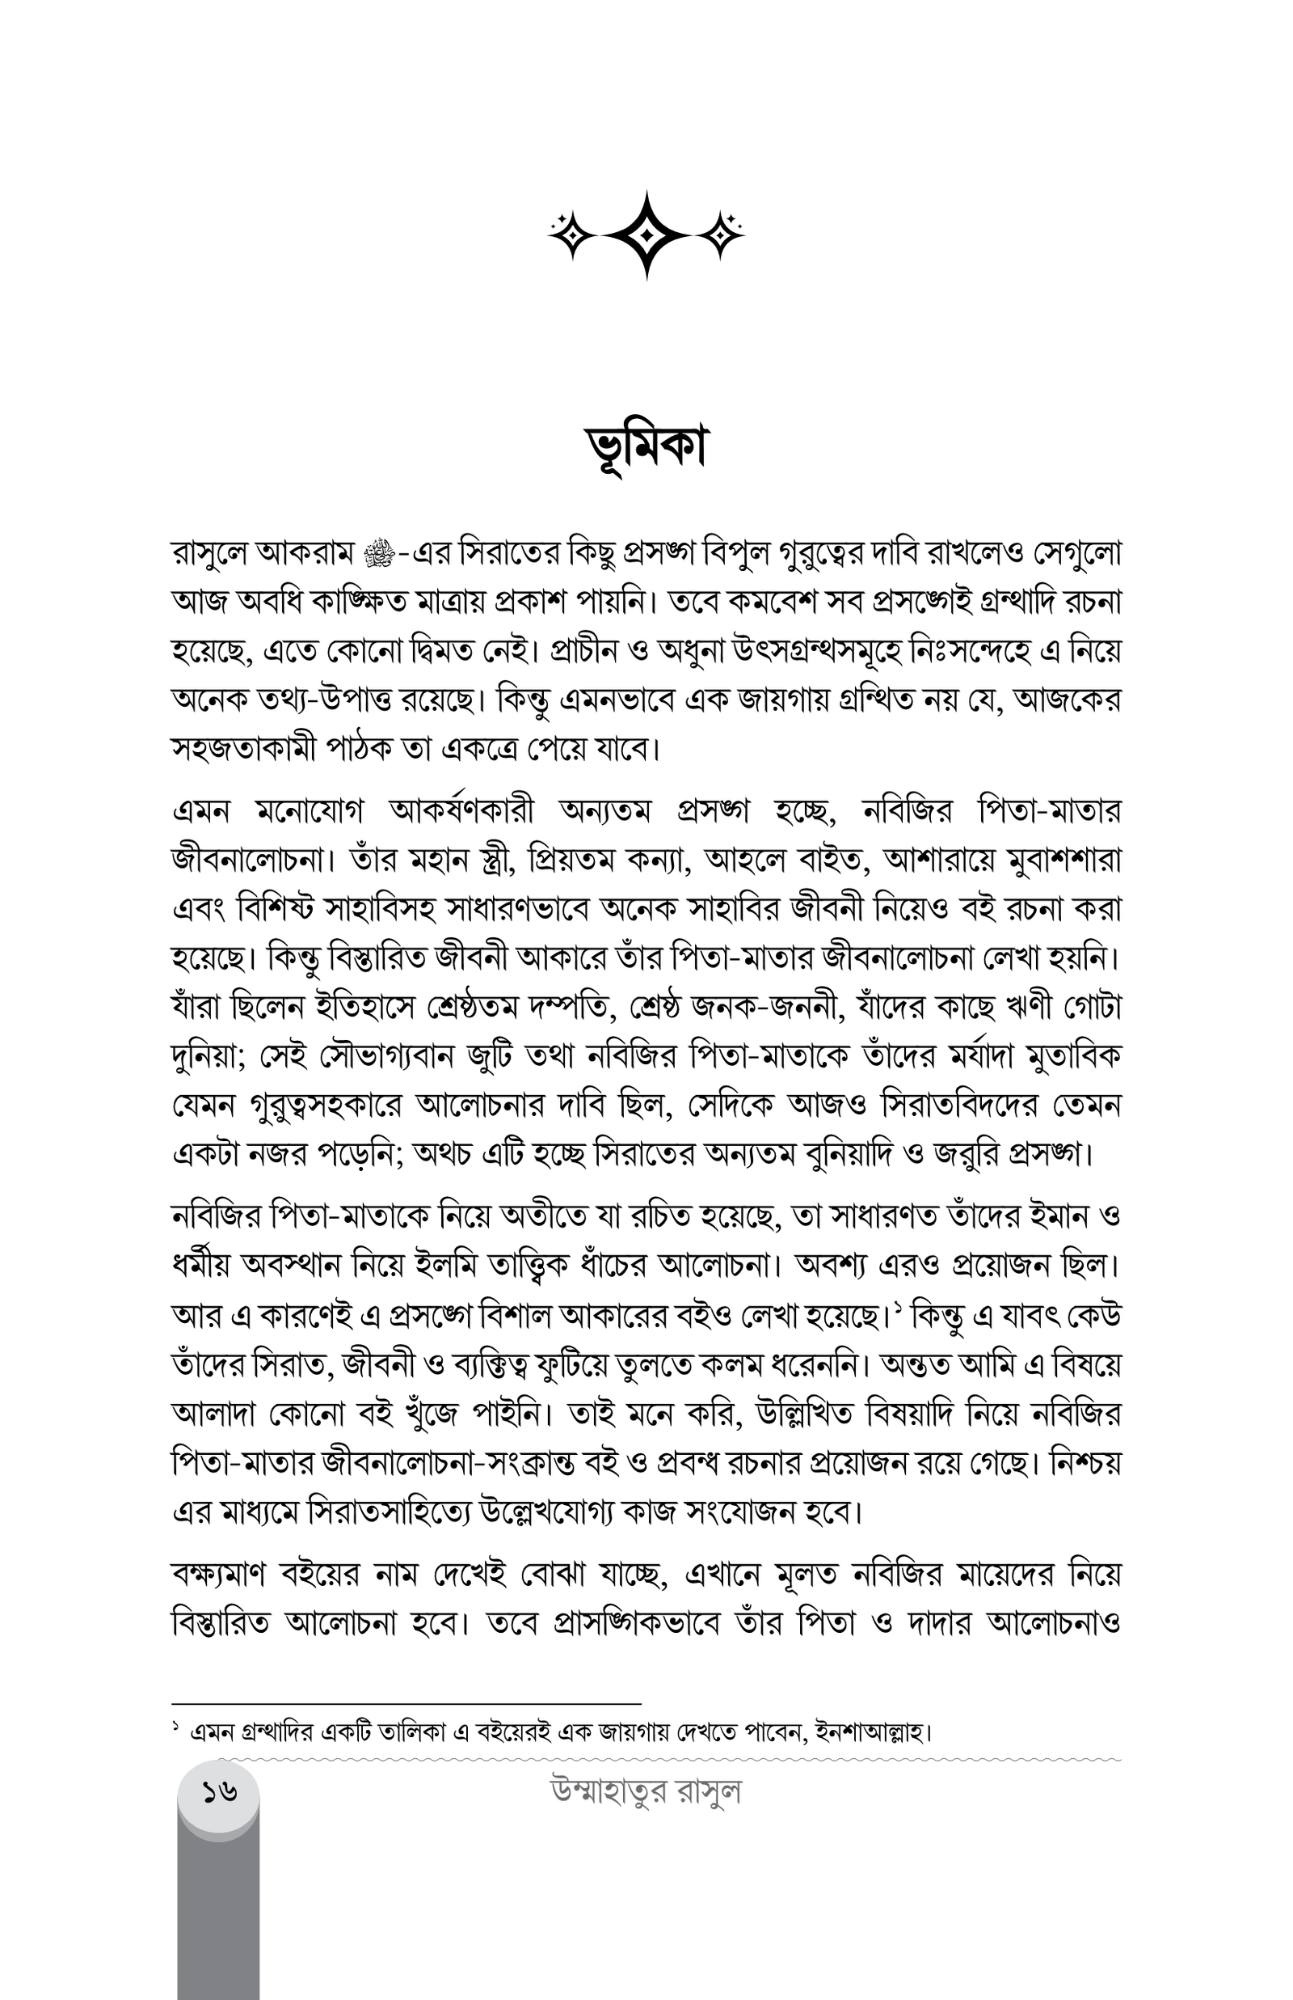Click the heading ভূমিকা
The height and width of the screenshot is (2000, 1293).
coord(646,447)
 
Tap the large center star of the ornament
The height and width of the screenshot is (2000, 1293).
coord(646,235)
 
